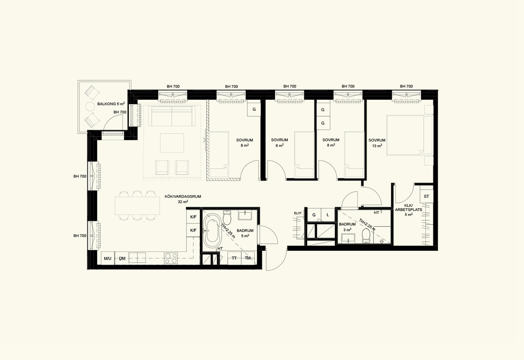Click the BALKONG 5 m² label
[x=111, y=104]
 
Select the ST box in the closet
[x=427, y=196]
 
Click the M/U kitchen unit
[x=108, y=258]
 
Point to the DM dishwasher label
[x=122, y=258]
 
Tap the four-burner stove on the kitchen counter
[x=171, y=258]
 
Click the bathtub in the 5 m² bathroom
[x=212, y=230]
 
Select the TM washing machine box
[x=248, y=258]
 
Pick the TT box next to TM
[x=234, y=258]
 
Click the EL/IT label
[x=298, y=213]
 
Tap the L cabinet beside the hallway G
[x=328, y=215]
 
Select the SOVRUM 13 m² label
[x=377, y=143]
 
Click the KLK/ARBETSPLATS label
[x=409, y=210]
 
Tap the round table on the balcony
[x=90, y=107]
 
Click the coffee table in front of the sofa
[x=172, y=143]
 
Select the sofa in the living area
[x=172, y=116]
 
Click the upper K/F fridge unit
[x=193, y=217]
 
